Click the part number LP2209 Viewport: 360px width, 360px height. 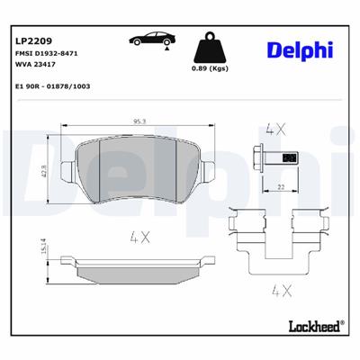tap(34, 41)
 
